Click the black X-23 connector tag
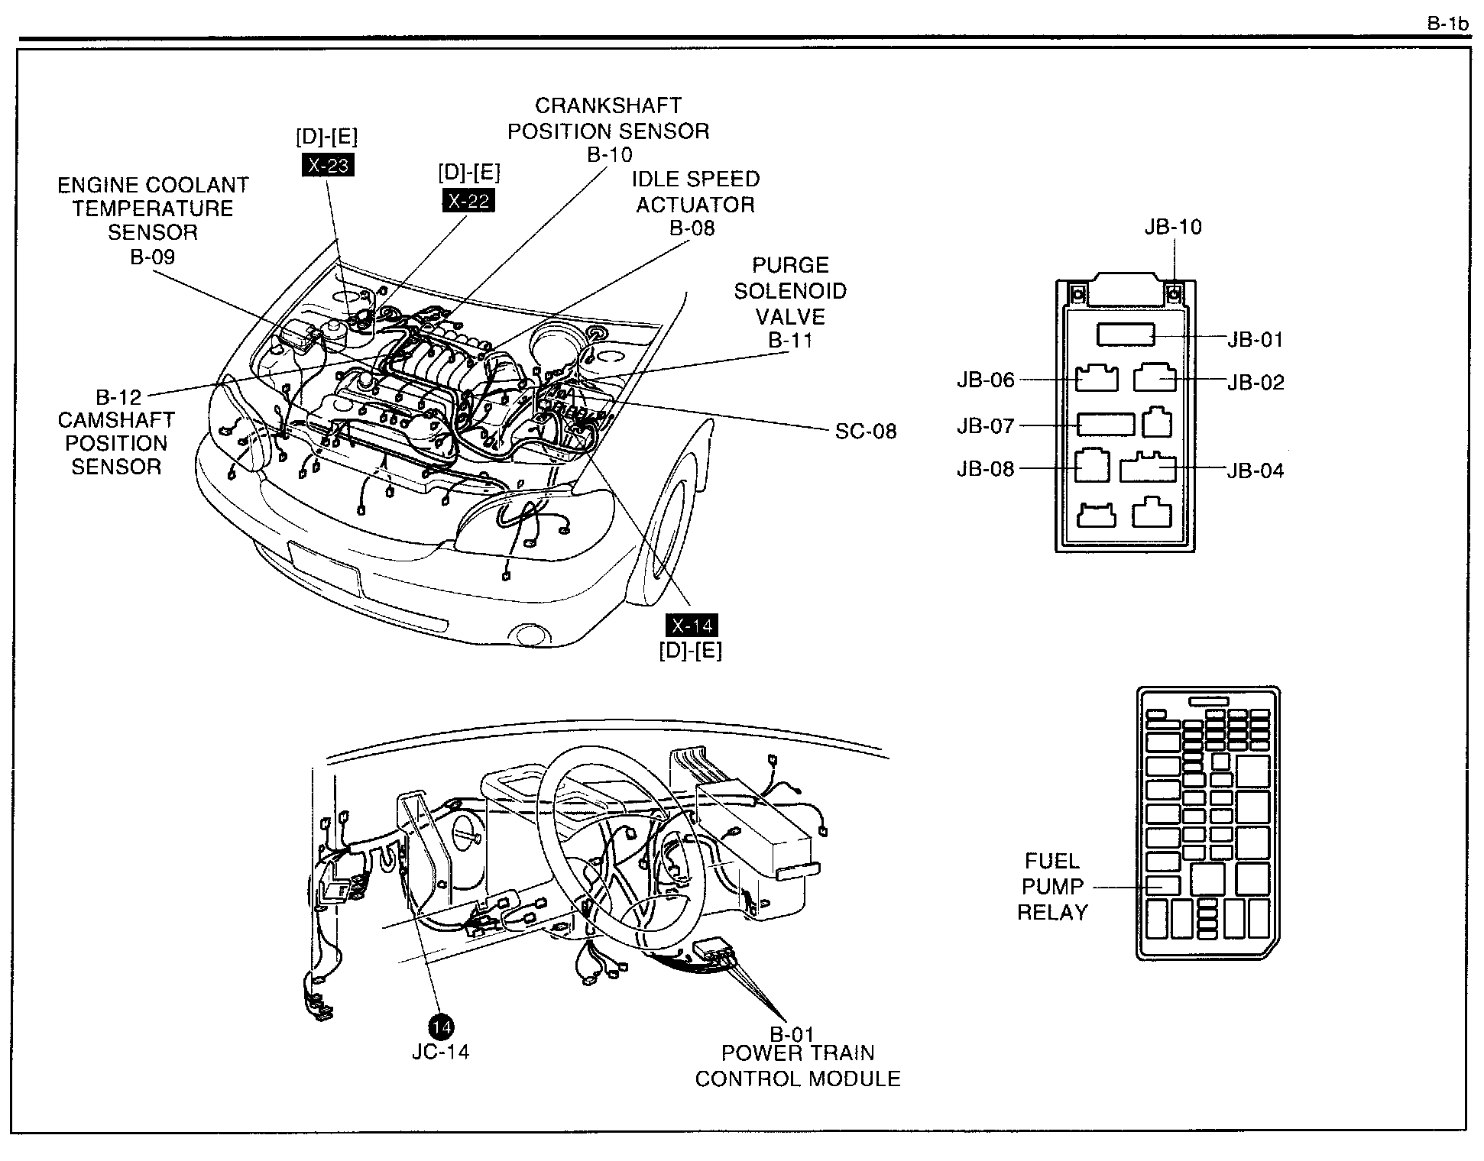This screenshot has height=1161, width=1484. [x=328, y=165]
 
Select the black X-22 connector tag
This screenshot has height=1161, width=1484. [x=468, y=200]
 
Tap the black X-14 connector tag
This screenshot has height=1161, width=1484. [x=692, y=626]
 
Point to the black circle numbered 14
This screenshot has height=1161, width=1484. [x=441, y=1027]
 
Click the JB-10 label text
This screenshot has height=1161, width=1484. [x=1173, y=227]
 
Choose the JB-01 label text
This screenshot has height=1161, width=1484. [x=1256, y=339]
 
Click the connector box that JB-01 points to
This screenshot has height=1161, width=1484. [x=1126, y=335]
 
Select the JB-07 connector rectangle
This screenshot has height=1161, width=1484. [x=1106, y=424]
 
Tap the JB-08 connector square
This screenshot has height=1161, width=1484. [x=1092, y=465]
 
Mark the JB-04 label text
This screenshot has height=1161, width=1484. [x=1256, y=471]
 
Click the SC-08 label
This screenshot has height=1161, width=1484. [x=866, y=431]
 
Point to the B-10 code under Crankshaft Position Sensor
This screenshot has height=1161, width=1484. [x=610, y=154]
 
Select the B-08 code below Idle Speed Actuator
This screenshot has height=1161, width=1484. [x=692, y=228]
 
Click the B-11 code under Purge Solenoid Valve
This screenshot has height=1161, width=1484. [x=790, y=341]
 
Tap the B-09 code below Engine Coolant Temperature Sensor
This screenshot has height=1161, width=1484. [x=153, y=257]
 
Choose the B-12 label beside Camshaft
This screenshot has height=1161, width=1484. [x=118, y=397]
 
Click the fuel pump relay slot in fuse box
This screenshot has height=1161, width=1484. [x=1163, y=884]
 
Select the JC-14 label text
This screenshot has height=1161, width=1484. [x=441, y=1052]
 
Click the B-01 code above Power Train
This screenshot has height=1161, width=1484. [x=792, y=1035]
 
